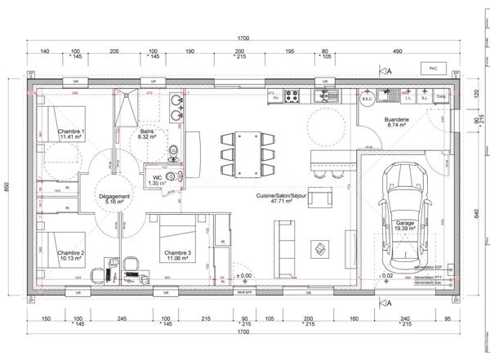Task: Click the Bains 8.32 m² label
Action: tap(147, 134)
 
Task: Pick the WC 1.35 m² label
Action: tap(155, 180)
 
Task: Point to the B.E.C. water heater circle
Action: tap(367, 97)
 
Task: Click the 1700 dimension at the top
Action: tap(243, 39)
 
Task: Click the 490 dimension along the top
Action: tap(397, 51)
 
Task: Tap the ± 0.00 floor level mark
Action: tap(243, 277)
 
